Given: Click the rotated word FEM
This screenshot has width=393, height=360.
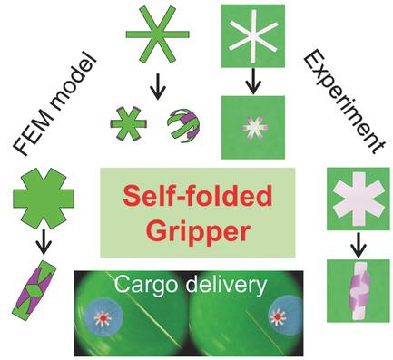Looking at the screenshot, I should (x=34, y=145).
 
